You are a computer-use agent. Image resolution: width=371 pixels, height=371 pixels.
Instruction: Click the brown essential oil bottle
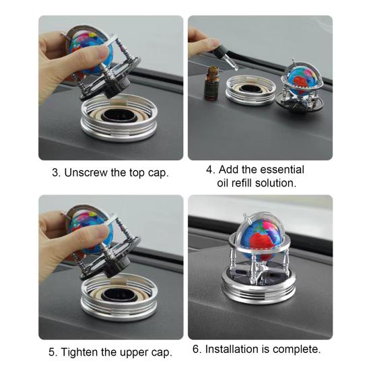pyautogui.click(x=211, y=83)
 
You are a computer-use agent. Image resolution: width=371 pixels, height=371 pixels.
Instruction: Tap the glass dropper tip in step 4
pyautogui.click(x=236, y=69)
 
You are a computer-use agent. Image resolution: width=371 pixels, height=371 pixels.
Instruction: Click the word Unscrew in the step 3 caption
pyautogui.click(x=86, y=172)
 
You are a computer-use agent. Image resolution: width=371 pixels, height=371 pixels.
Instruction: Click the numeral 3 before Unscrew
pyautogui.click(x=55, y=173)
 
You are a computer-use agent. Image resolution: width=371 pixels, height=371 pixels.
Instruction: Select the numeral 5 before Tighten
pyautogui.click(x=52, y=352)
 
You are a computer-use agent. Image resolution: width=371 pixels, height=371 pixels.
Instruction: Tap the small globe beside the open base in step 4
pyautogui.click(x=301, y=79)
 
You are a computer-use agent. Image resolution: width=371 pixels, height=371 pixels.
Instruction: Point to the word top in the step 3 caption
pyautogui.click(x=137, y=173)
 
